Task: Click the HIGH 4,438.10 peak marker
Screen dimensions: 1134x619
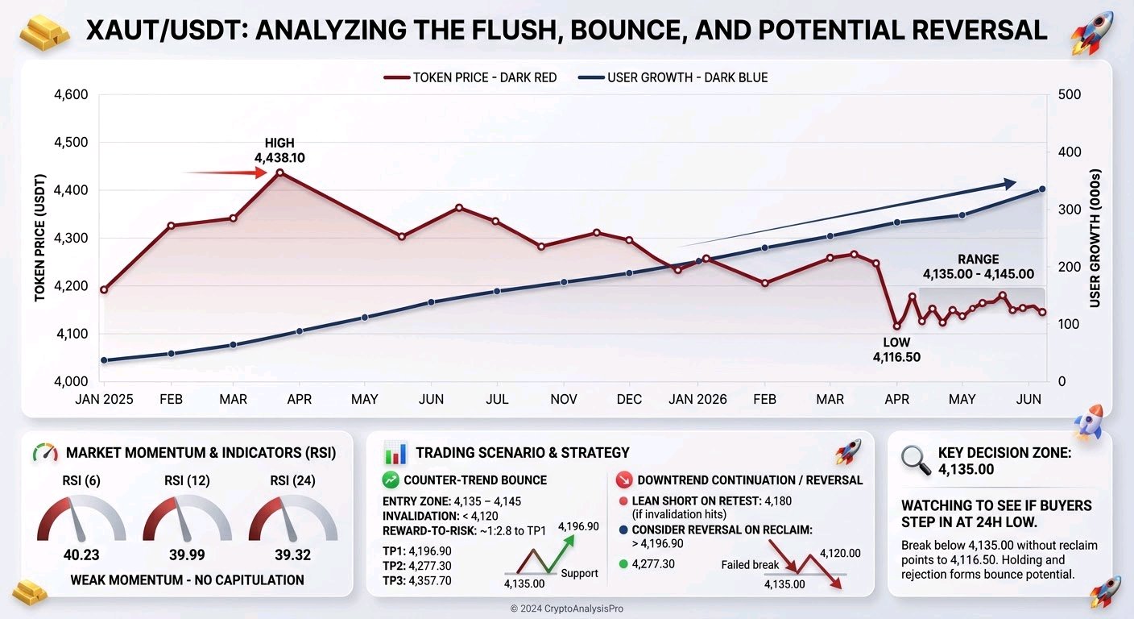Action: pyautogui.click(x=280, y=172)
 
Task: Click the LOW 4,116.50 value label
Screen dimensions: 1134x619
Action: pyautogui.click(x=896, y=350)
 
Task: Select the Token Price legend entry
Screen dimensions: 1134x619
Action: pyautogui.click(x=470, y=77)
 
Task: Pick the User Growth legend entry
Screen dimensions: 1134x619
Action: pyautogui.click(x=673, y=77)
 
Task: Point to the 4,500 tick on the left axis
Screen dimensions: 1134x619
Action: pyautogui.click(x=71, y=143)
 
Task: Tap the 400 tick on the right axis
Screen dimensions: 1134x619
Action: pyautogui.click(x=1070, y=152)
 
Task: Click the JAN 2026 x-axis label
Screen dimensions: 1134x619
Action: pyautogui.click(x=697, y=399)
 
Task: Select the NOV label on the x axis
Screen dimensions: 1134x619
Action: pyautogui.click(x=564, y=399)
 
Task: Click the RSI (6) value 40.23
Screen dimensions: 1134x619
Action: pyautogui.click(x=81, y=555)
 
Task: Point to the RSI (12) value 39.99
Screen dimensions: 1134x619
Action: pyautogui.click(x=188, y=555)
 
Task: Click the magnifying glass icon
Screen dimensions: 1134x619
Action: pyautogui.click(x=916, y=460)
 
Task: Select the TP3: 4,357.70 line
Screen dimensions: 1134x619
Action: pyautogui.click(x=416, y=580)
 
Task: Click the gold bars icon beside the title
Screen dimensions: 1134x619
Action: pyautogui.click(x=44, y=32)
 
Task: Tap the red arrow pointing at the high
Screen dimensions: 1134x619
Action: pyautogui.click(x=226, y=172)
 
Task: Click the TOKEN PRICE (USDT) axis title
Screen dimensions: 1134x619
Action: pyautogui.click(x=39, y=238)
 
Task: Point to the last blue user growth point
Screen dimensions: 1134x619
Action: pyautogui.click(x=1042, y=189)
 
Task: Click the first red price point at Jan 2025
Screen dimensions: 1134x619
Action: pyautogui.click(x=104, y=289)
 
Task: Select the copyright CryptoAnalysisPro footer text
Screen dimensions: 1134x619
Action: pyautogui.click(x=566, y=609)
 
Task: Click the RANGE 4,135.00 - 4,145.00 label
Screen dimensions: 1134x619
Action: pyautogui.click(x=978, y=267)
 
